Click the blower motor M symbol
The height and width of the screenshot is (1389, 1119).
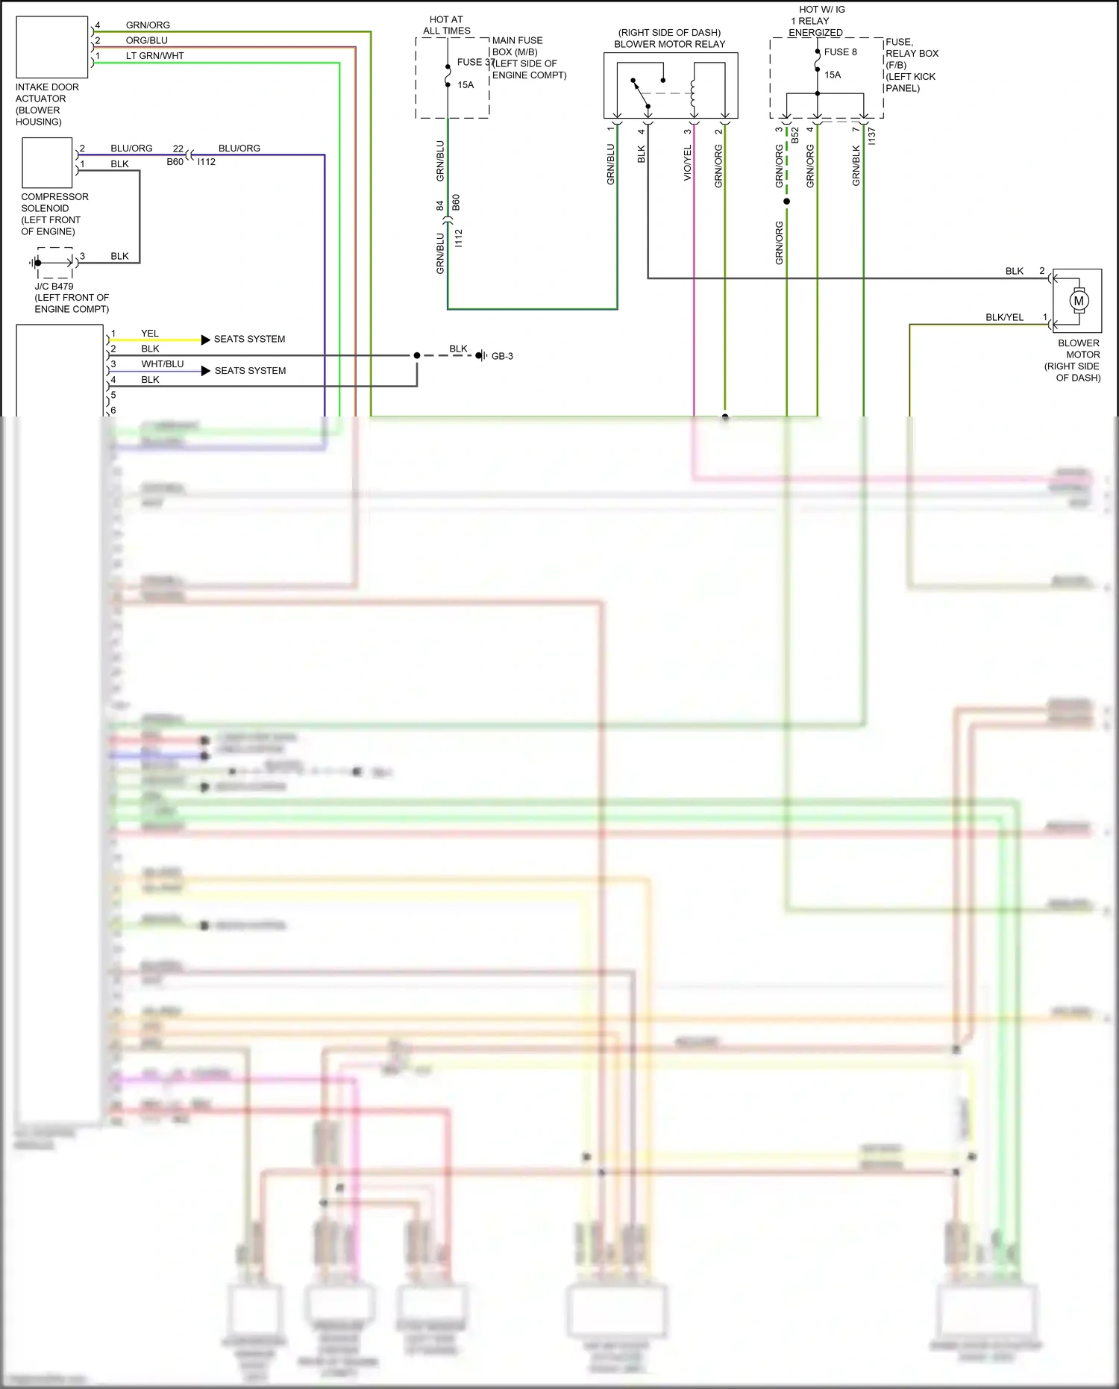[1078, 301]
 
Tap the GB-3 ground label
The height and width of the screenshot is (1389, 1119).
[502, 356]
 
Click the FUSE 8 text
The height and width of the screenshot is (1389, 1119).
[840, 52]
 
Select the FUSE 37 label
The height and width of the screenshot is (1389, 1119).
[475, 63]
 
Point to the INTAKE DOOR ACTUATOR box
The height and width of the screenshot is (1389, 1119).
[52, 47]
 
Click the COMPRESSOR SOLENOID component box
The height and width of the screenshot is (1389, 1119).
[47, 163]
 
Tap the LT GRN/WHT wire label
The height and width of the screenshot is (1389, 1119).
[154, 56]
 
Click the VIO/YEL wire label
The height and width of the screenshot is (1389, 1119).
[688, 162]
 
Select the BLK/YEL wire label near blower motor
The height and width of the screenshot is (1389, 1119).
[1004, 317]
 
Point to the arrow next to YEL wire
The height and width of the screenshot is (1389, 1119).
[205, 340]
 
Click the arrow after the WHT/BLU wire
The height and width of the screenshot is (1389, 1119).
[205, 371]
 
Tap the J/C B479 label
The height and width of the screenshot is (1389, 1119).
[54, 286]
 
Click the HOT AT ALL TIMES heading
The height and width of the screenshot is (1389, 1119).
[446, 25]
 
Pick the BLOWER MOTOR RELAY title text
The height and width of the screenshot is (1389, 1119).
[669, 44]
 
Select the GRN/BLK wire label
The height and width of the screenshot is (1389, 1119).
[856, 166]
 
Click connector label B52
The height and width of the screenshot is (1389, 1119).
[795, 135]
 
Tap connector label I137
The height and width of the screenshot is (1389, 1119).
[871, 136]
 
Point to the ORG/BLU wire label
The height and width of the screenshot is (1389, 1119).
[146, 40]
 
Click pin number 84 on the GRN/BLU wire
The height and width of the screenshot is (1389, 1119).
[440, 205]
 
